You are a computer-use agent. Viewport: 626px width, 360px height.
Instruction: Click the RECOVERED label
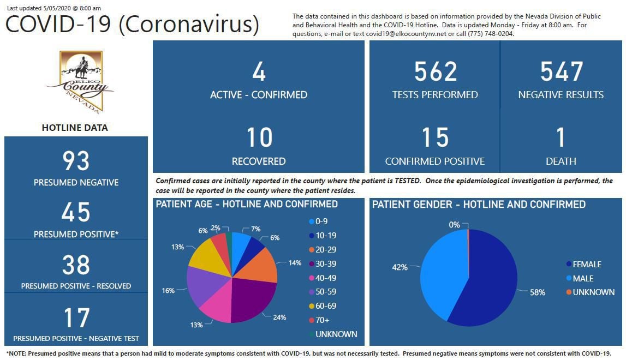259,161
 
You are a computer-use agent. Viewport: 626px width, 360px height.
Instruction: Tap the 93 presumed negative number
76,161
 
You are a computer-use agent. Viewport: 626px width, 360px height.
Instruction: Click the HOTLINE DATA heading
75,128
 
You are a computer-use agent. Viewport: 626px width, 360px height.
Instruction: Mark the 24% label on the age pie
279,317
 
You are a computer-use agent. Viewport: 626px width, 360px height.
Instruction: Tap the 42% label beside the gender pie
400,267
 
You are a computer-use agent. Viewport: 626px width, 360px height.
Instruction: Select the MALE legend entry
582,278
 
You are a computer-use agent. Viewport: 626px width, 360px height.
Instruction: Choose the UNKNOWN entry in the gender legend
593,292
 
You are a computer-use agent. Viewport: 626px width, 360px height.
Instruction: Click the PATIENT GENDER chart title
479,205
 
